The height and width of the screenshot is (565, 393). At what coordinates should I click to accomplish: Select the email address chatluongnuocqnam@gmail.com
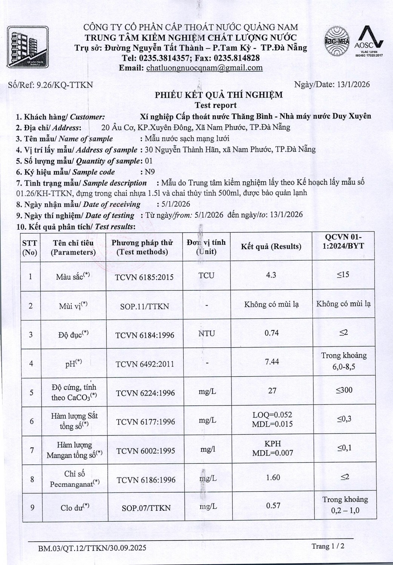click(x=204, y=68)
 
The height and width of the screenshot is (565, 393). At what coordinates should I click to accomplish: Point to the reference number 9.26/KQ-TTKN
click(x=64, y=85)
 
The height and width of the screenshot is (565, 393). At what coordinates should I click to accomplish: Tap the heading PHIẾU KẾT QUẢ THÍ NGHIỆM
click(x=218, y=95)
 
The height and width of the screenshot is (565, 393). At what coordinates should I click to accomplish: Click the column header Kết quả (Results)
click(x=271, y=247)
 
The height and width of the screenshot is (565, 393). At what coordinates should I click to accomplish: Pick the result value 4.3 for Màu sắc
click(x=271, y=275)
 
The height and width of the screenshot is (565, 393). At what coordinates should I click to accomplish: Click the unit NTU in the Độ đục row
click(x=206, y=333)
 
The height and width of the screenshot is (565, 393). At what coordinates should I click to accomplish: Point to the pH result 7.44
click(x=272, y=362)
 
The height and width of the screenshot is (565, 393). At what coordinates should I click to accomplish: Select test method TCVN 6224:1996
click(x=145, y=393)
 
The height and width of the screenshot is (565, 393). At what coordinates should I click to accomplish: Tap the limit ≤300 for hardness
click(x=344, y=390)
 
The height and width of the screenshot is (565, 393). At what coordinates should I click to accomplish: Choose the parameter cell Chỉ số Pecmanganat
click(x=74, y=479)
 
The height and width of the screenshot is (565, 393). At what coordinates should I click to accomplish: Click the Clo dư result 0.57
click(x=273, y=505)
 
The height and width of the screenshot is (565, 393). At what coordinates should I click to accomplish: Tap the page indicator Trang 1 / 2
click(x=328, y=546)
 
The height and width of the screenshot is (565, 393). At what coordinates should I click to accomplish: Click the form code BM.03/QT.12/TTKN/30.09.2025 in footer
click(x=92, y=548)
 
